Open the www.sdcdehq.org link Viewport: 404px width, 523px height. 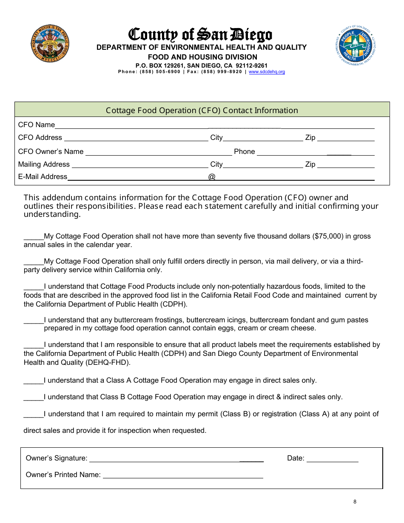tap(267, 72)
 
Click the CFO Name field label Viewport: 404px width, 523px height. tap(36, 125)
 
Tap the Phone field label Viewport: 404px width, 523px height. tap(244, 151)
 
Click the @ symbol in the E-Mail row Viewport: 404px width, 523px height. tap(212, 177)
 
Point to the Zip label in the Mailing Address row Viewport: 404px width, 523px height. tap(310, 164)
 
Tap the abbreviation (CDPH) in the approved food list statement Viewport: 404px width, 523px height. tap(174, 304)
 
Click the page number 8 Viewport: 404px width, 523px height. tap(355, 502)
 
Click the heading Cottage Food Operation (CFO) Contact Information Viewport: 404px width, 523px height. tap(202, 110)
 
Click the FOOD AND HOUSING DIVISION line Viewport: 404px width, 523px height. tap(202, 57)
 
